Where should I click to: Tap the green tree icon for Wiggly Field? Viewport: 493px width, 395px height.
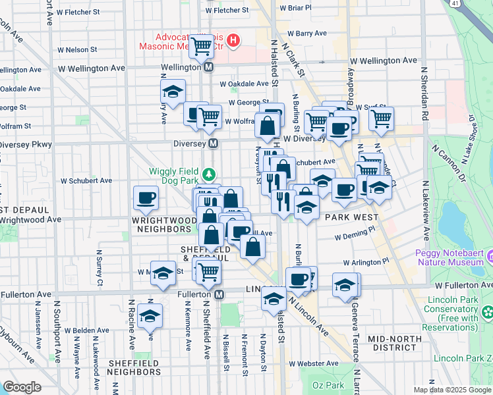click(209, 174)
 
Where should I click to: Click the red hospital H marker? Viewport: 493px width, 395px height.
click(233, 41)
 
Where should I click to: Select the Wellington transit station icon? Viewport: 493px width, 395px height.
click(208, 67)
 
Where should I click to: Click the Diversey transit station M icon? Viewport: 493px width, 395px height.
click(214, 144)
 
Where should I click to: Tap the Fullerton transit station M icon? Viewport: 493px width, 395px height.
click(219, 294)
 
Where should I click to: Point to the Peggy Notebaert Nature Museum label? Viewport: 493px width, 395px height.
click(455, 259)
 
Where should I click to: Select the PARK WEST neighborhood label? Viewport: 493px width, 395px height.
click(351, 217)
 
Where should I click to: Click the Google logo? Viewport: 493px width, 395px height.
click(22, 387)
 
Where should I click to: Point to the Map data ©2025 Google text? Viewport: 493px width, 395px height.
click(453, 390)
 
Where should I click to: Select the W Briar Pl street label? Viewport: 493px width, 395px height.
click(295, 9)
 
